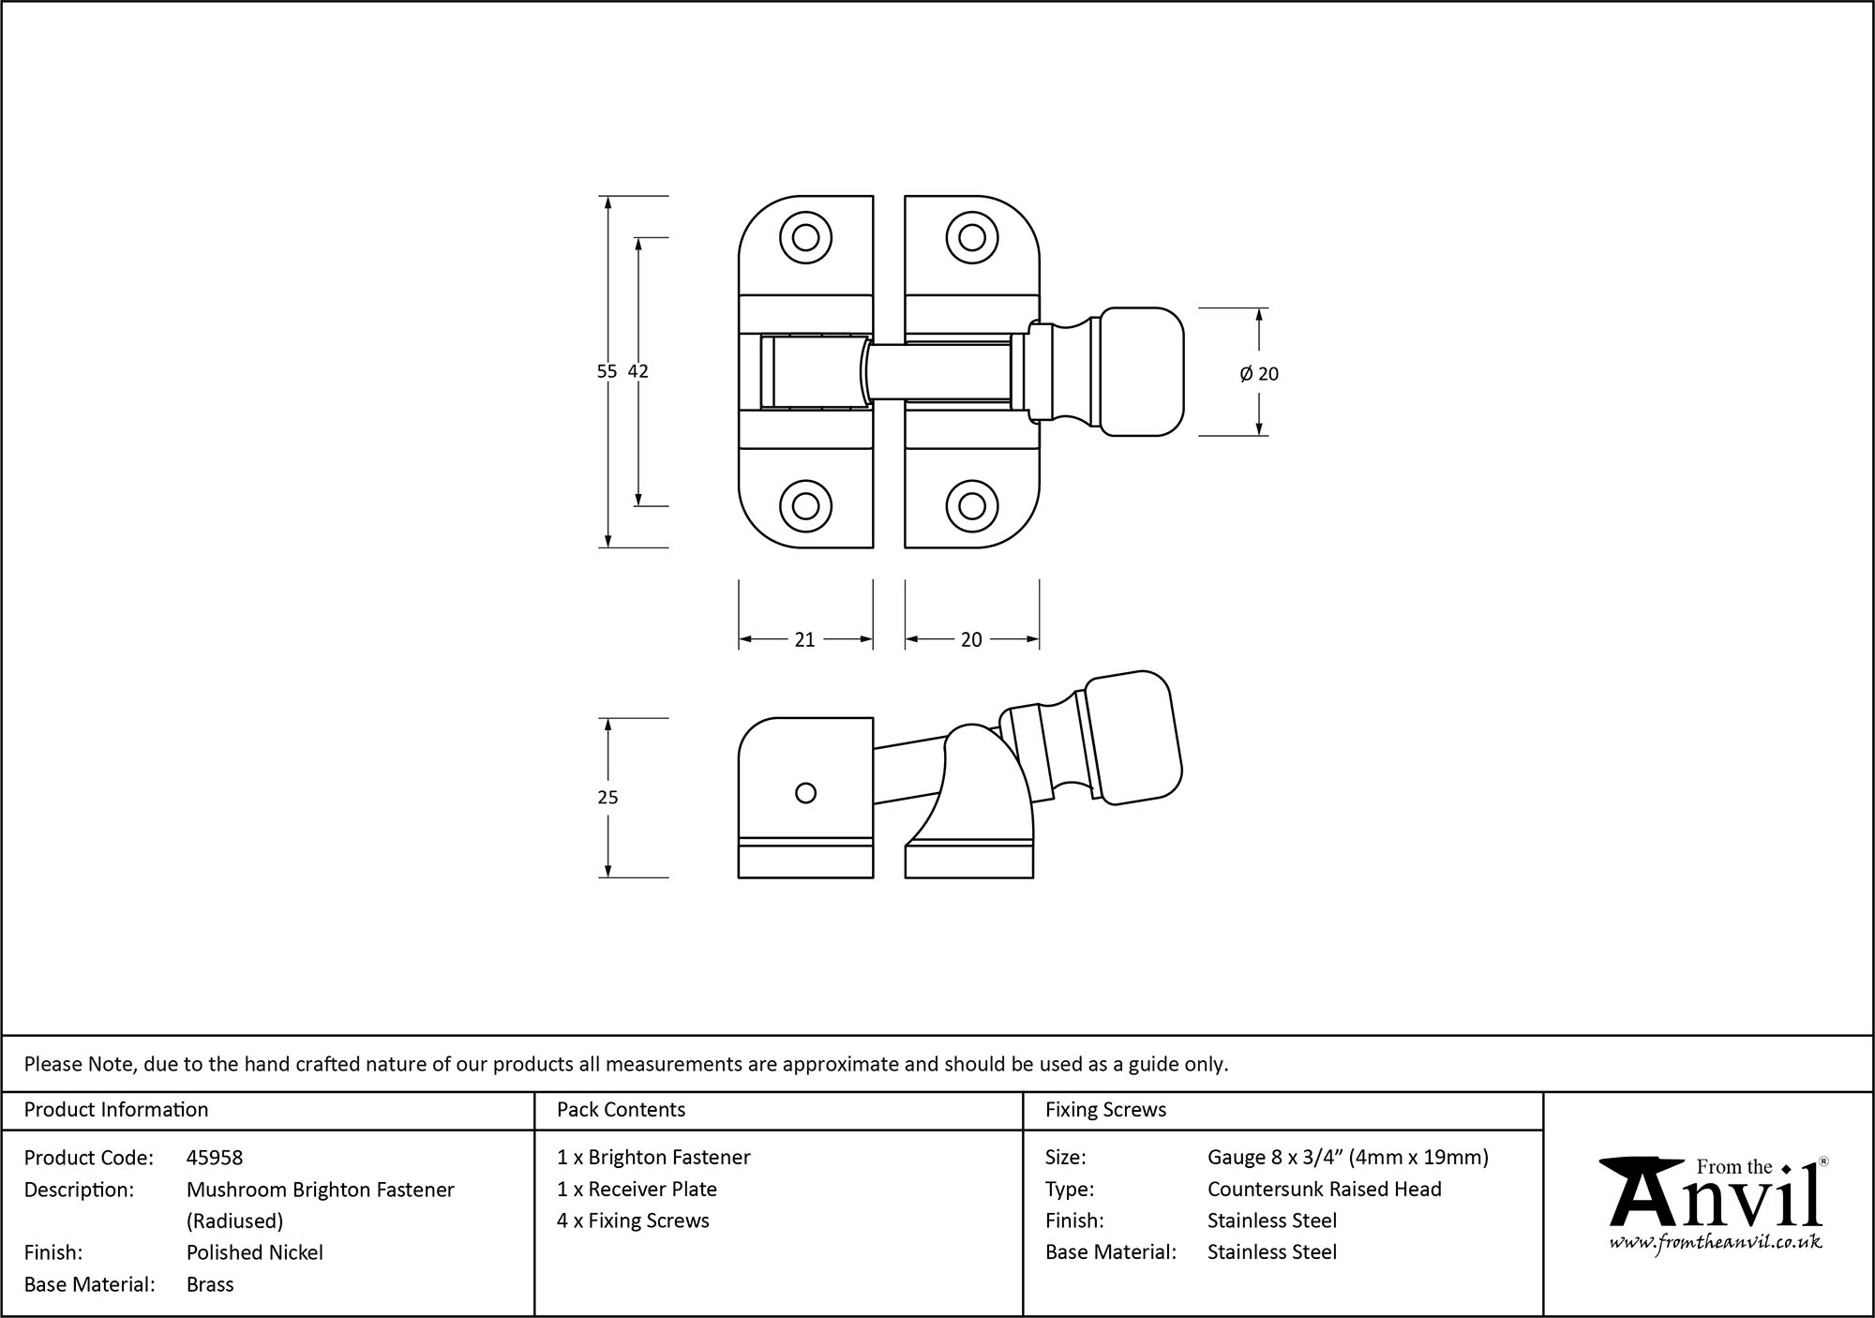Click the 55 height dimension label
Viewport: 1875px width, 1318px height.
pyautogui.click(x=607, y=371)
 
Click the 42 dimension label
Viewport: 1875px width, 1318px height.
pyautogui.click(x=638, y=371)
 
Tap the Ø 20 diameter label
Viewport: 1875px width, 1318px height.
pyautogui.click(x=1259, y=374)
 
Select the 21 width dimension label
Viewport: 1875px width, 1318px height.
pyautogui.click(x=804, y=639)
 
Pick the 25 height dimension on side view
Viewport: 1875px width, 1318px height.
pyautogui.click(x=607, y=798)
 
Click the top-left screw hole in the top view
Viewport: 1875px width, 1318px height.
pyautogui.click(x=805, y=237)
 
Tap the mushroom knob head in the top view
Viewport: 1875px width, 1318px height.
pyautogui.click(x=1140, y=372)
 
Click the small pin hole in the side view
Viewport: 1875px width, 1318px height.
pyautogui.click(x=804, y=793)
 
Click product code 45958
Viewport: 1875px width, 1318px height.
pyautogui.click(x=215, y=1158)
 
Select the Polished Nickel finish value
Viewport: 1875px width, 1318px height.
pyautogui.click(x=255, y=1252)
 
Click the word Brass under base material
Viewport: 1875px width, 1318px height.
pyautogui.click(x=210, y=1284)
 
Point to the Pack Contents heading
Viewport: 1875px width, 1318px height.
pyautogui.click(x=621, y=1110)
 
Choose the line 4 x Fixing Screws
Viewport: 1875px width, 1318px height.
pyautogui.click(x=633, y=1221)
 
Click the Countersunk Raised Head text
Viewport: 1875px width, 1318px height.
pyautogui.click(x=1324, y=1189)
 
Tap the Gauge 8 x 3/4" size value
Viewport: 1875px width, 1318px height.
pyautogui.click(x=1347, y=1158)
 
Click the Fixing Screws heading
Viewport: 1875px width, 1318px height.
pyautogui.click(x=1105, y=1110)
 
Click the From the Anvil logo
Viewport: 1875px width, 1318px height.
pyautogui.click(x=1715, y=1194)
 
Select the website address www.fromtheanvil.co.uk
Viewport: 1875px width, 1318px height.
pyautogui.click(x=1716, y=1243)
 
